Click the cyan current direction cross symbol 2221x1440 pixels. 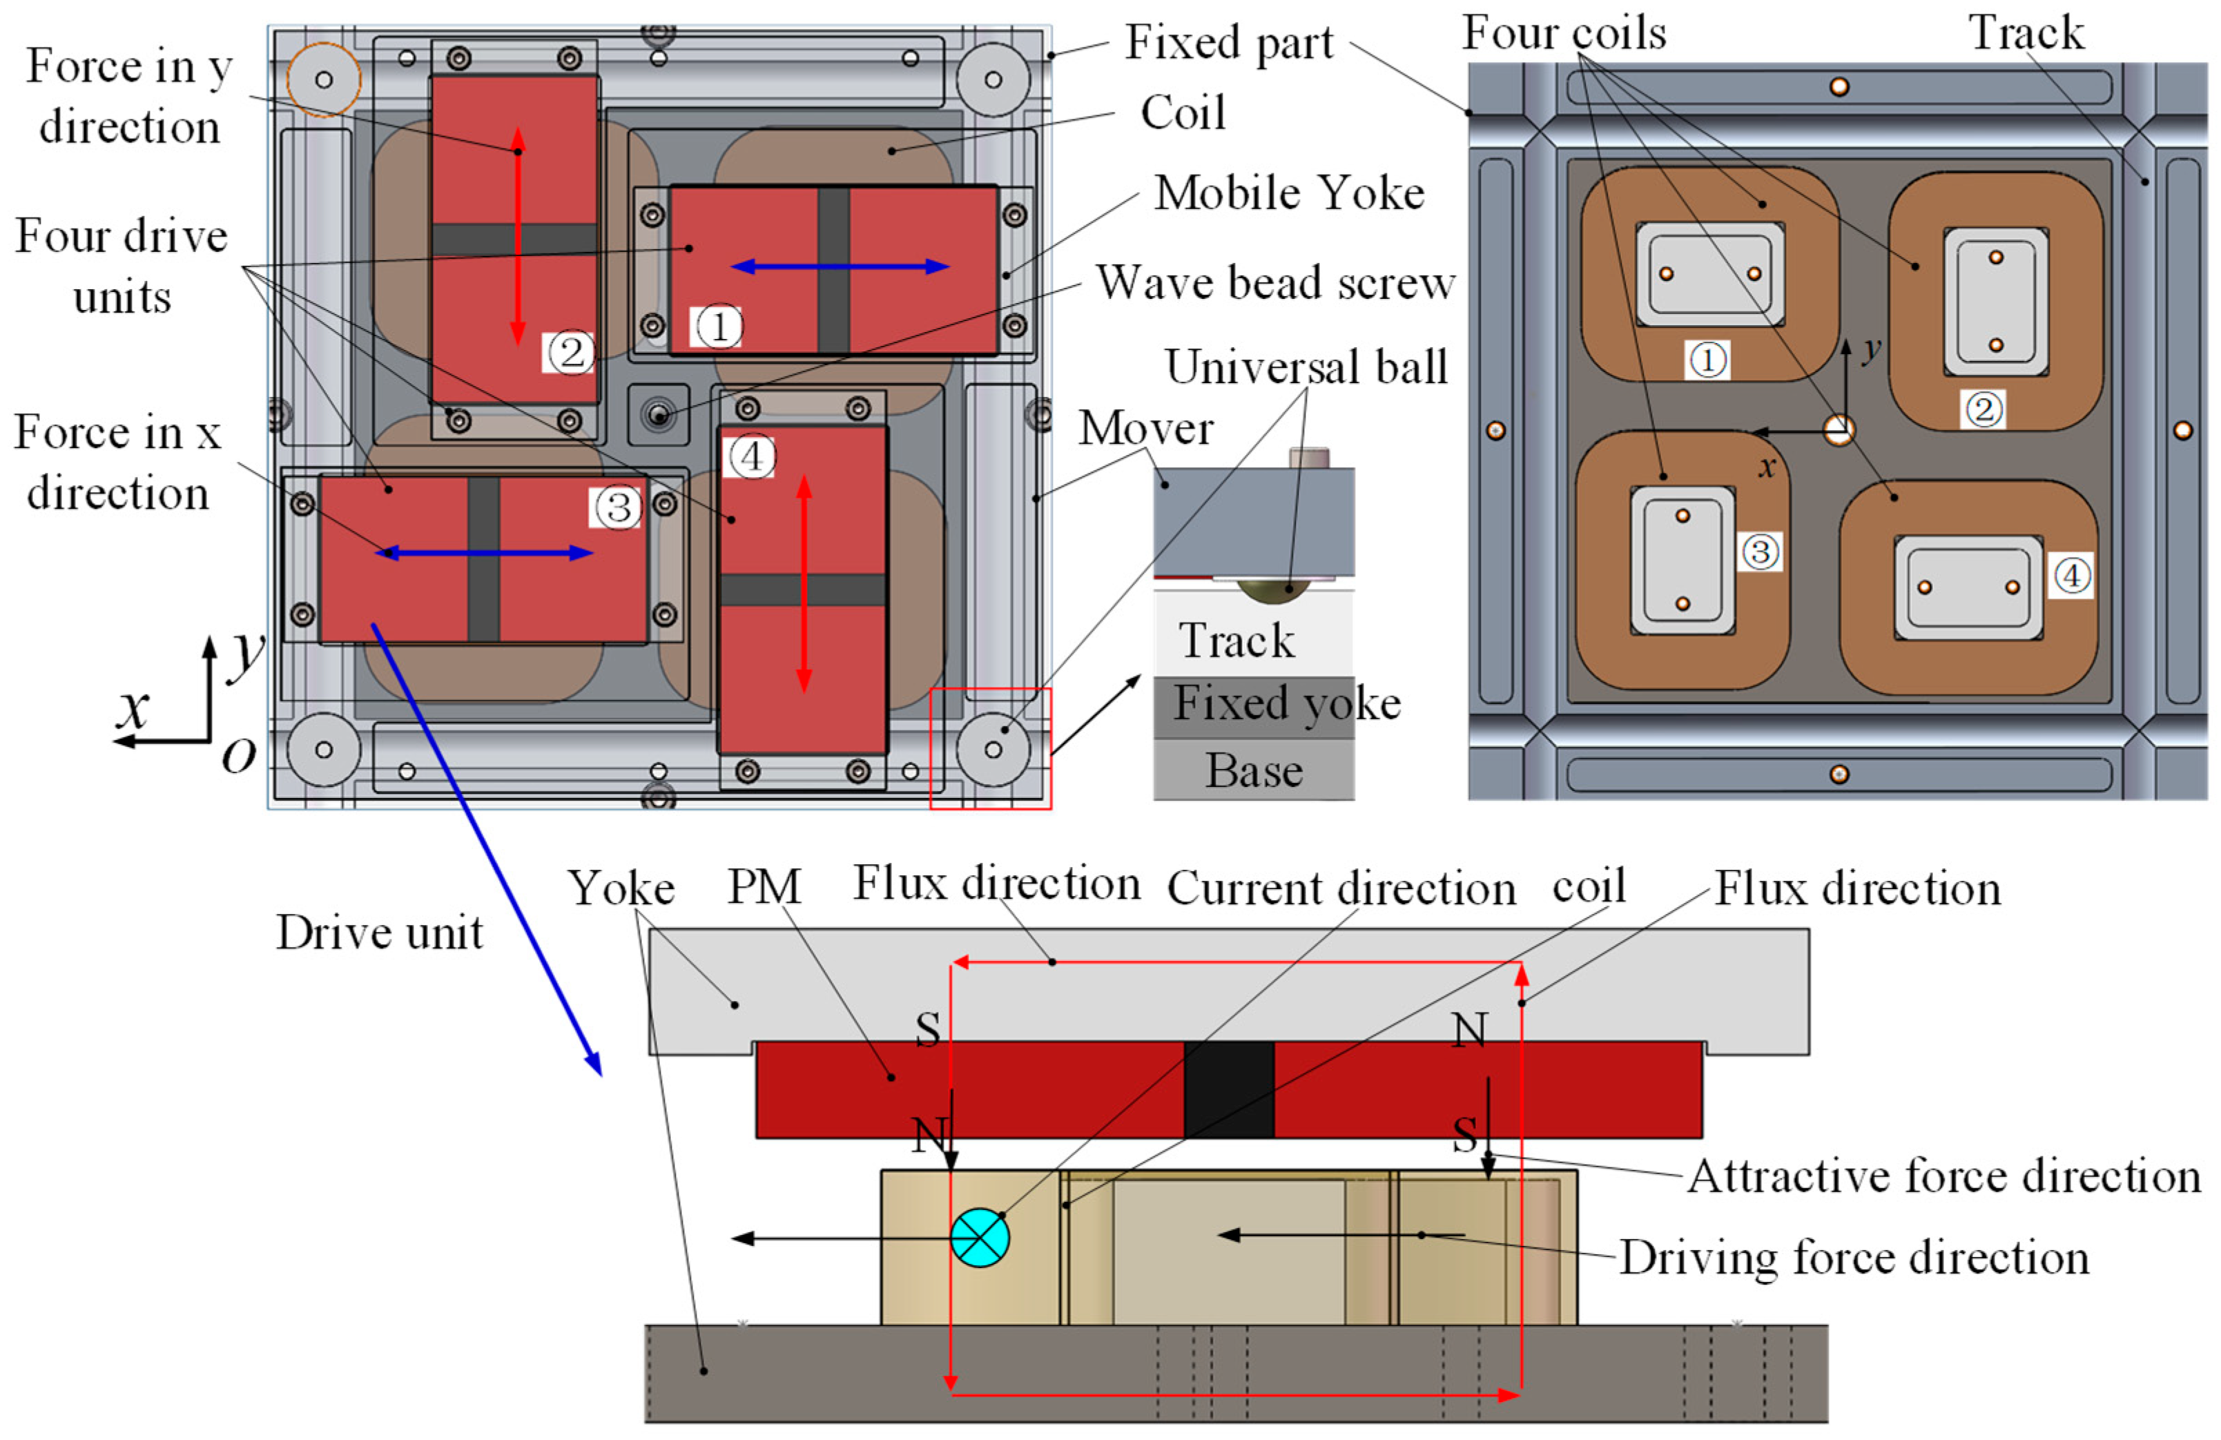click(x=980, y=1238)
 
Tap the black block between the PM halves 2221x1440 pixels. click(x=1228, y=1089)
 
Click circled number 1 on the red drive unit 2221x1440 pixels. click(x=717, y=327)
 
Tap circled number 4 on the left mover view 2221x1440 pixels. click(x=751, y=456)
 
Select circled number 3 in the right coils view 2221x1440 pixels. click(x=1759, y=551)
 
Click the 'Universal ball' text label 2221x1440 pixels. click(x=1306, y=366)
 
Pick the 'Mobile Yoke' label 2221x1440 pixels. click(x=1289, y=193)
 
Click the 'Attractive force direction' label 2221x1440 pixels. click(x=1945, y=1175)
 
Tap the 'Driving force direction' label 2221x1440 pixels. click(x=1853, y=1257)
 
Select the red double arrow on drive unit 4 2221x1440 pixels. click(x=804, y=583)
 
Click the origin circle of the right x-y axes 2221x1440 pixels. click(x=1839, y=430)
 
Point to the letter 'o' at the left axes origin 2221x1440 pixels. click(x=239, y=756)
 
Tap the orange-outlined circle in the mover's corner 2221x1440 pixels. click(x=323, y=80)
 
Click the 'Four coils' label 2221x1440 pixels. click(x=1563, y=34)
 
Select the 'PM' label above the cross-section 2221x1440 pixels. click(x=764, y=886)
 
